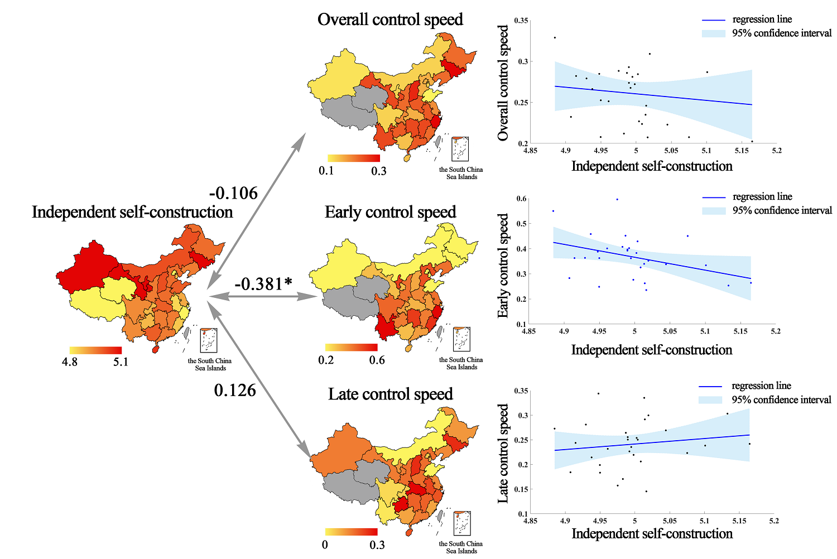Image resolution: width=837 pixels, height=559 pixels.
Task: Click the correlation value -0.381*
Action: [263, 284]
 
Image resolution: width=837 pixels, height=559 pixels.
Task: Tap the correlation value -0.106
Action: [233, 193]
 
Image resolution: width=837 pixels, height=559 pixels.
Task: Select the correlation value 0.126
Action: [235, 390]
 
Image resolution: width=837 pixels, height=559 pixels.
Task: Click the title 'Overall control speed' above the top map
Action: [390, 20]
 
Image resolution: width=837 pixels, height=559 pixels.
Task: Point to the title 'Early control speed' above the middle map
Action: [390, 212]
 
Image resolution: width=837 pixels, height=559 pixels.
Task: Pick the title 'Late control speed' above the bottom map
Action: [390, 394]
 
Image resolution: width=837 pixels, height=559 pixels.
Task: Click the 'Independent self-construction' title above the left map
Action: [132, 212]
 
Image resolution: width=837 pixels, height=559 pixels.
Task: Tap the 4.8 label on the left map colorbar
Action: [70, 362]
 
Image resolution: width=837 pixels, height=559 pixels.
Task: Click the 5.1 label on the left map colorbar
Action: [121, 362]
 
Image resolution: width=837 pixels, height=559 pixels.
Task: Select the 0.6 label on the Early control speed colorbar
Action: [377, 360]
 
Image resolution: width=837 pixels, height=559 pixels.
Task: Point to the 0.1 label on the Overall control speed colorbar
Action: [326, 171]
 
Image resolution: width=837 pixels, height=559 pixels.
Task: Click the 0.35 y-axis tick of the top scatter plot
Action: [521, 21]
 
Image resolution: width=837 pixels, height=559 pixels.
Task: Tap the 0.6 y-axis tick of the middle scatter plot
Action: [522, 199]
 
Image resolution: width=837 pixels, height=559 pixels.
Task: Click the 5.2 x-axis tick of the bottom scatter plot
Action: [773, 521]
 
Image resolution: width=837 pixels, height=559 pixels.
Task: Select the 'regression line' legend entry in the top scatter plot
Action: [762, 20]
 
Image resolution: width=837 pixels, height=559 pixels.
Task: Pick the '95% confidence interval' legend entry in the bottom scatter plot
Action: [781, 400]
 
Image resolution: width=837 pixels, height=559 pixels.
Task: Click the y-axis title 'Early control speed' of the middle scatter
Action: [503, 266]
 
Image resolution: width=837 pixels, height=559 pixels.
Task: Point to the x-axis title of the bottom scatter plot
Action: [652, 534]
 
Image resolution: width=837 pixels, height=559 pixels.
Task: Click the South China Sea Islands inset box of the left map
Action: [209, 340]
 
